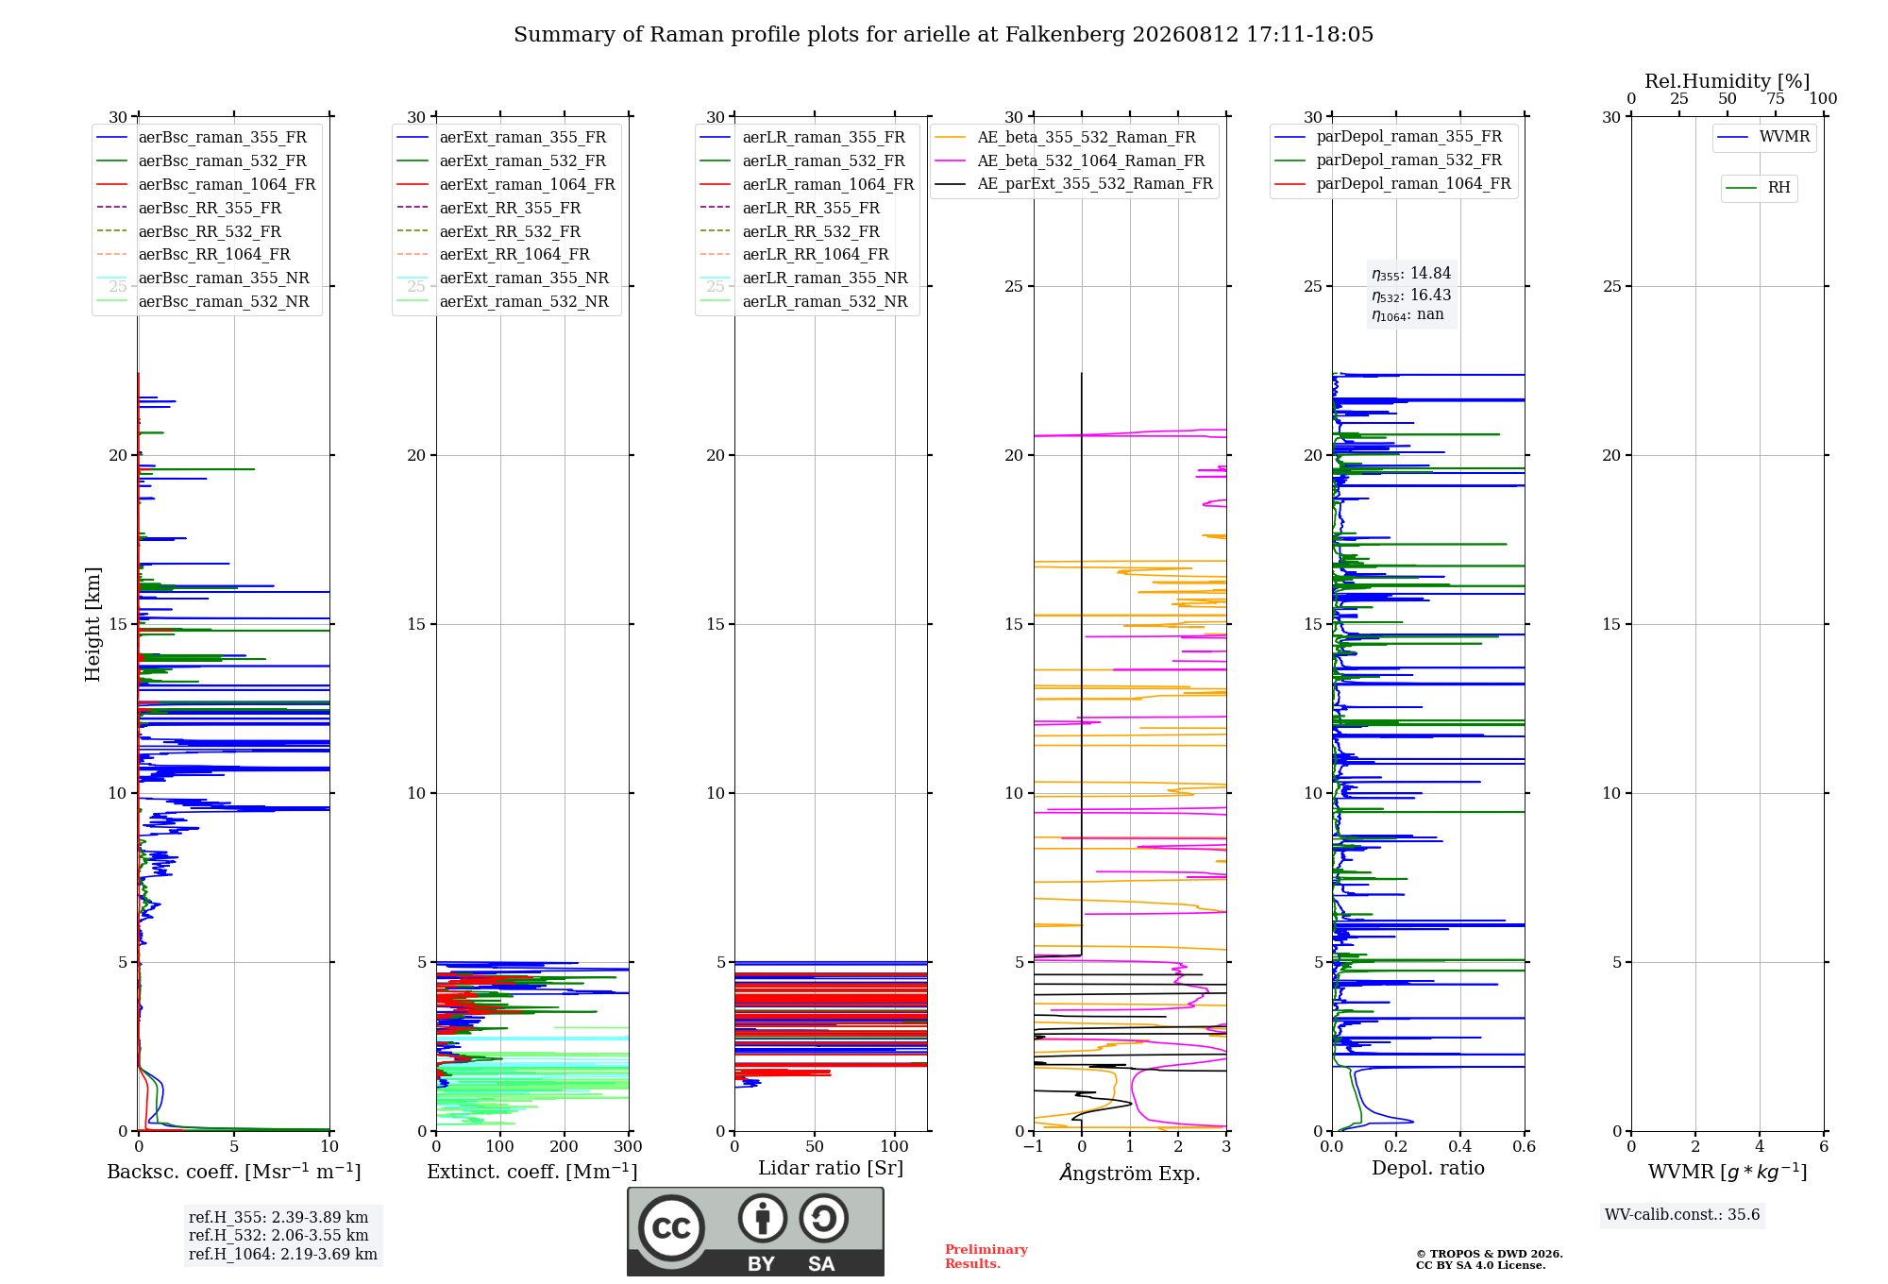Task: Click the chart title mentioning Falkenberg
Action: pyautogui.click(x=943, y=35)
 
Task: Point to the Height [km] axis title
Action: pyautogui.click(x=93, y=624)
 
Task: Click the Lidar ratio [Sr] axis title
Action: pyautogui.click(x=831, y=1168)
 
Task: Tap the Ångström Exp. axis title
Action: pyautogui.click(x=1130, y=1173)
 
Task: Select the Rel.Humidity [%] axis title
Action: pyautogui.click(x=1728, y=81)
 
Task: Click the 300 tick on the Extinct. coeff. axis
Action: pyautogui.click(x=629, y=1147)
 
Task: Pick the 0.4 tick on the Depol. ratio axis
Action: pyautogui.click(x=1460, y=1147)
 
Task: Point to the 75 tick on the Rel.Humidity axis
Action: pyautogui.click(x=1776, y=98)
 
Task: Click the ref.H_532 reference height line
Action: pyautogui.click(x=278, y=1235)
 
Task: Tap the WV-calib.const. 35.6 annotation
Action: pyautogui.click(x=1682, y=1215)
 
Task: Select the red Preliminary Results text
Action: pyautogui.click(x=986, y=1257)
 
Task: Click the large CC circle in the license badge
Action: pyautogui.click(x=671, y=1227)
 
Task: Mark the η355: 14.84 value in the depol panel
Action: pyautogui.click(x=1411, y=274)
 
